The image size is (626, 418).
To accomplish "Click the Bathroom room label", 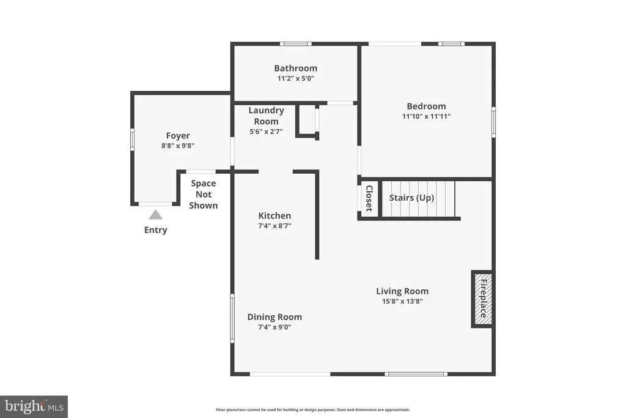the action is [295, 69].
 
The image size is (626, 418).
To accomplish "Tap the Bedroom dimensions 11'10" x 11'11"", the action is [426, 116].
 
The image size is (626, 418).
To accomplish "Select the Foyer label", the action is [178, 136].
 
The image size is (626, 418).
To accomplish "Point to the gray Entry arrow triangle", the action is [156, 215].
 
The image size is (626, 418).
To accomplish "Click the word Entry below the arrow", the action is [156, 230].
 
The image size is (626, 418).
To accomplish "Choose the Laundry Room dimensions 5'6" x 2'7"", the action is [267, 132].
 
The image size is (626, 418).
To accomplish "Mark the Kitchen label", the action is [274, 216].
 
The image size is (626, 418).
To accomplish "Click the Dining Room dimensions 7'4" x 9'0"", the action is [274, 327].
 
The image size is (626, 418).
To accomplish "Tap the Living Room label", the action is [402, 291].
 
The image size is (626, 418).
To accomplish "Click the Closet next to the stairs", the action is [369, 199].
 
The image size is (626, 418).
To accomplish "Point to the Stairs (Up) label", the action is [411, 198].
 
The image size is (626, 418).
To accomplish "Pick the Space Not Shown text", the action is [204, 195].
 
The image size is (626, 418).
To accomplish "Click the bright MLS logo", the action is [34, 407].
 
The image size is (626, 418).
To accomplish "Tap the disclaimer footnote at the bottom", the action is [313, 409].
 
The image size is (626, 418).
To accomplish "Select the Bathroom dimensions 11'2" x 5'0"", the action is [296, 78].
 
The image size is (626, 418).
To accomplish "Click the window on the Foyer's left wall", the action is [132, 140].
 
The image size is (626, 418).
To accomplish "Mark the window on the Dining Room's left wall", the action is [232, 318].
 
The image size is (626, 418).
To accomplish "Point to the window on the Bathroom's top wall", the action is [295, 44].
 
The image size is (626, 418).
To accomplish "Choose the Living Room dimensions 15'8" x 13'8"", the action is [402, 301].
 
